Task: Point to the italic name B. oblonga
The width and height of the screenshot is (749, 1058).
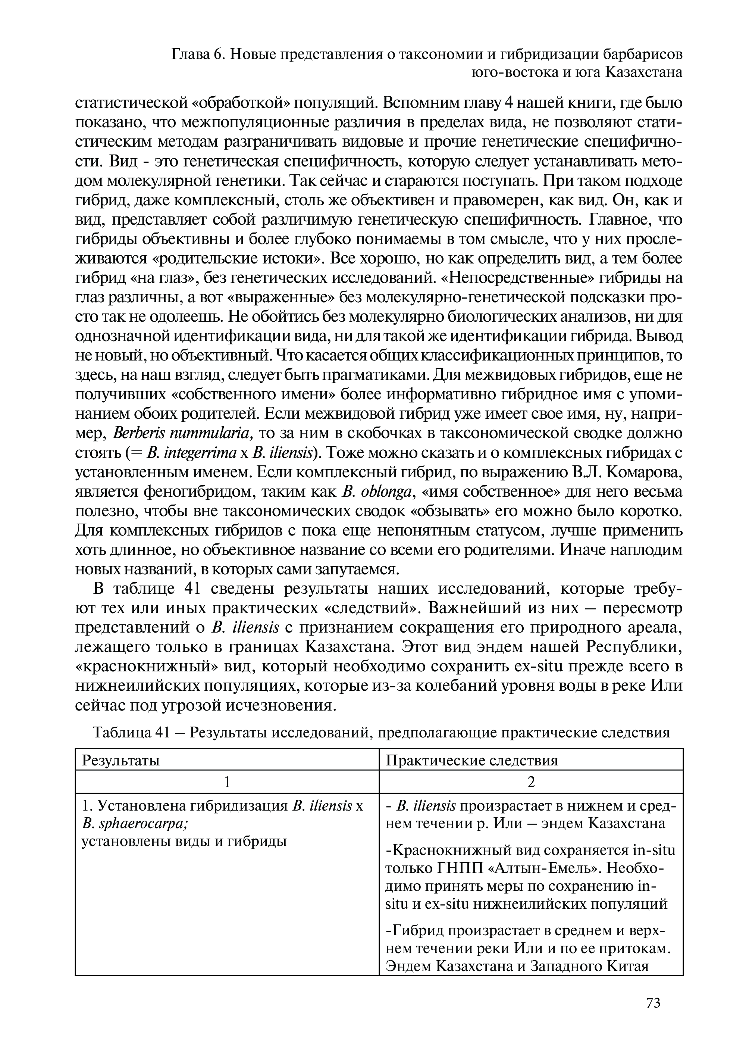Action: point(377,492)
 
